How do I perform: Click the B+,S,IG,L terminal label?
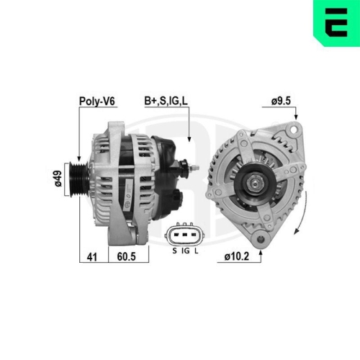(x=167, y=102)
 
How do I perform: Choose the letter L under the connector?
(x=197, y=251)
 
